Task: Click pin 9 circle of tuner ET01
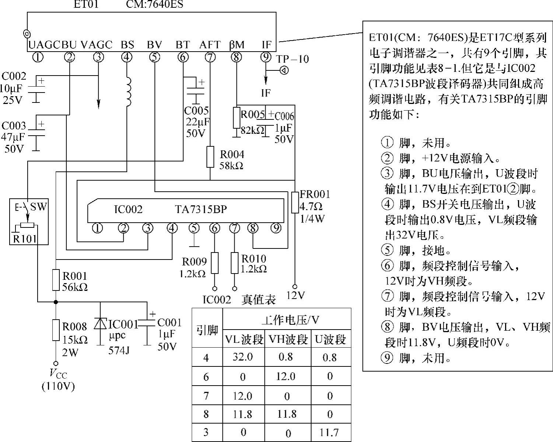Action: [265, 57]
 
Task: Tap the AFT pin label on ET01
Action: [210, 45]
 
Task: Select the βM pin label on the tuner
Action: [237, 45]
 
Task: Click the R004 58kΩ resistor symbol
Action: [210, 157]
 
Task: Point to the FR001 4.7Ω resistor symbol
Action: [295, 202]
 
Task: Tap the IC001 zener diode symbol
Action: [100, 324]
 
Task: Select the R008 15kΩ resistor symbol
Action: [56, 330]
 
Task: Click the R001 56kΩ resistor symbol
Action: [56, 280]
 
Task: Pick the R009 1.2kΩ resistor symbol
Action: [214, 263]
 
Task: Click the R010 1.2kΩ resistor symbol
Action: [234, 263]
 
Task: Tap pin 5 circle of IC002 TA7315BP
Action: [194, 229]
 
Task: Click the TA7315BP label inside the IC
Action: [201, 209]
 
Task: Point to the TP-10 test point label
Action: [293, 59]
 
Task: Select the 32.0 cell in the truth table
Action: [242, 357]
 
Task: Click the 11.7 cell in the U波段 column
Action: [329, 432]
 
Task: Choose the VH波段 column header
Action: [287, 339]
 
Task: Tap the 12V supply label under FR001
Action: [296, 295]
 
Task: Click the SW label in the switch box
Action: [38, 206]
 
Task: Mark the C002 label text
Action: [14, 76]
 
